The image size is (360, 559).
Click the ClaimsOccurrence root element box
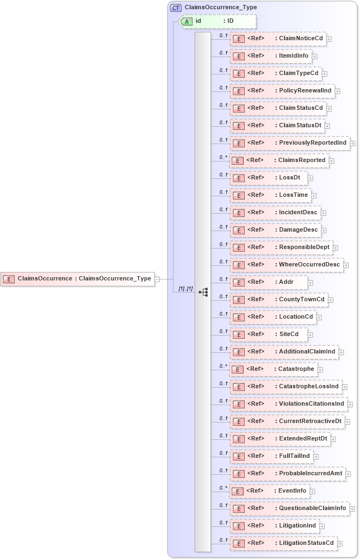(77, 279)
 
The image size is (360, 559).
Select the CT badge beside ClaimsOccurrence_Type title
(176, 8)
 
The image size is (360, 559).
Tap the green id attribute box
(218, 21)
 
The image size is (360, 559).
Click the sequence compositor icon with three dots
(203, 292)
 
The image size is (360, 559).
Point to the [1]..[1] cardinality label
(186, 288)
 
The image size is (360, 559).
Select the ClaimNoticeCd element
(277, 39)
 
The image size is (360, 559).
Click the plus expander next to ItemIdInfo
(315, 56)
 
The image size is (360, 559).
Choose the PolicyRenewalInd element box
(282, 91)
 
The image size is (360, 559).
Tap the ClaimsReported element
(278, 160)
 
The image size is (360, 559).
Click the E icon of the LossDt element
(238, 178)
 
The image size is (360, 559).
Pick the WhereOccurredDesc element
(287, 265)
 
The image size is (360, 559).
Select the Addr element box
(269, 282)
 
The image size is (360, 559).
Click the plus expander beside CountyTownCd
(331, 300)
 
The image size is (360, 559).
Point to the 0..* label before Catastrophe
(223, 366)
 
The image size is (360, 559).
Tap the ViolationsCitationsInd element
(288, 404)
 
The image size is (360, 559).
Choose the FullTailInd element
(271, 456)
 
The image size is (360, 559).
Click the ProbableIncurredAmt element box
(287, 474)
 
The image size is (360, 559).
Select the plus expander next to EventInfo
(313, 492)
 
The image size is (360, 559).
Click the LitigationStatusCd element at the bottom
(283, 543)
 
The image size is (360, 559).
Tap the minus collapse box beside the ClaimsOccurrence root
(157, 279)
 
